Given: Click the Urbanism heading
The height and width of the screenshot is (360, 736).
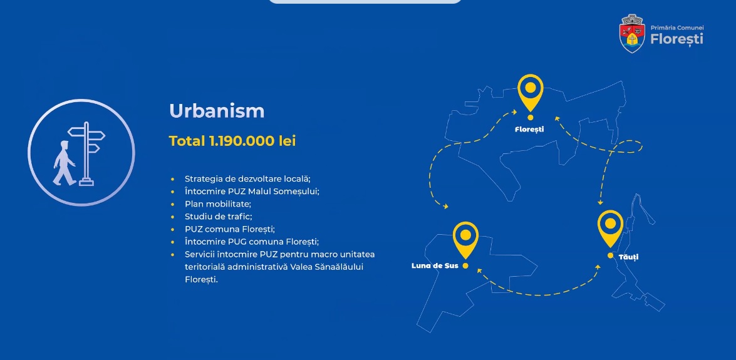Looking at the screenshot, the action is [217, 111].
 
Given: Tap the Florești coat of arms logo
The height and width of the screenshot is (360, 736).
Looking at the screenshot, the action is [632, 33].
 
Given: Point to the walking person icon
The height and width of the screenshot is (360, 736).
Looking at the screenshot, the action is [63, 162].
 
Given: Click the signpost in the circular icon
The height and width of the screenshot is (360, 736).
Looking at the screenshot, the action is [86, 153].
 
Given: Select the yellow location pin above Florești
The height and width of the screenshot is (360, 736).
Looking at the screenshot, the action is [531, 93].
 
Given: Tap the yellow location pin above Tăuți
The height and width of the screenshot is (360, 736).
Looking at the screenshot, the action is [610, 229].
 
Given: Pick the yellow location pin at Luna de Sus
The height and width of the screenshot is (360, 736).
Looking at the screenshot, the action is [465, 240].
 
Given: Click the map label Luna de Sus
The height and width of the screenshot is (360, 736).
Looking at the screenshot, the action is [435, 265].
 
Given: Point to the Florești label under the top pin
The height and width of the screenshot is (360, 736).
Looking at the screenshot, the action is [529, 129].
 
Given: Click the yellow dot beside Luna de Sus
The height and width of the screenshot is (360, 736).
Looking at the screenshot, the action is [465, 265].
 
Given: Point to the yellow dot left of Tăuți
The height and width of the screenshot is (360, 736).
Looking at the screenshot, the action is [610, 255].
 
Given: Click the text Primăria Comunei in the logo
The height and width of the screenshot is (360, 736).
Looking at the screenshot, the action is [677, 28].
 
